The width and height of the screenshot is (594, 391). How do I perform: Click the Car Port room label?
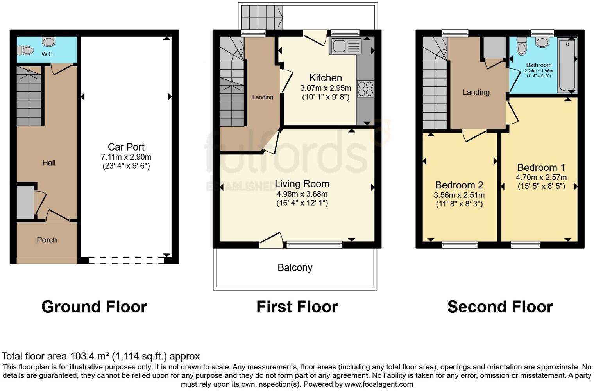(126, 147)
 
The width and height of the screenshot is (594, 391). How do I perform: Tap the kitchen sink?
(339, 47)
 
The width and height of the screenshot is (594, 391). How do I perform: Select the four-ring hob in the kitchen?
(365, 88)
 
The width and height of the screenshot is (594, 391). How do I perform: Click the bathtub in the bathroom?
(567, 65)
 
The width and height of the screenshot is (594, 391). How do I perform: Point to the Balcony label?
(295, 267)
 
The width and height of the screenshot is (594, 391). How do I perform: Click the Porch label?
(47, 240)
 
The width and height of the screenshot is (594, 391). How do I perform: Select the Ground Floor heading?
(94, 307)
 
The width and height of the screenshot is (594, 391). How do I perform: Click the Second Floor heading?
(500, 307)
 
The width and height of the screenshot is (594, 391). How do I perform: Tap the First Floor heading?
(297, 307)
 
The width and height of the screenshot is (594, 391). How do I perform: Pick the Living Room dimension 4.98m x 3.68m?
(302, 194)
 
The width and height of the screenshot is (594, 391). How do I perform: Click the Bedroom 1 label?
(541, 168)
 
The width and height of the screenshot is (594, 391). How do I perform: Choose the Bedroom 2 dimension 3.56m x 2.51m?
(459, 195)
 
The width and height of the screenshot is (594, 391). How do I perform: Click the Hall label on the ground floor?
(49, 163)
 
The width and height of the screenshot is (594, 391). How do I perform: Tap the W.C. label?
(48, 54)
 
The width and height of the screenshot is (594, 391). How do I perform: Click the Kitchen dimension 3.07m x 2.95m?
(326, 88)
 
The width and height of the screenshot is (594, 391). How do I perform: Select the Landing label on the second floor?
(476, 92)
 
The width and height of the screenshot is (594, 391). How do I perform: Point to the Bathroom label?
(539, 65)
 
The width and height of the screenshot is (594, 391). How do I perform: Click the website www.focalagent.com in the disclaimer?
(379, 384)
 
